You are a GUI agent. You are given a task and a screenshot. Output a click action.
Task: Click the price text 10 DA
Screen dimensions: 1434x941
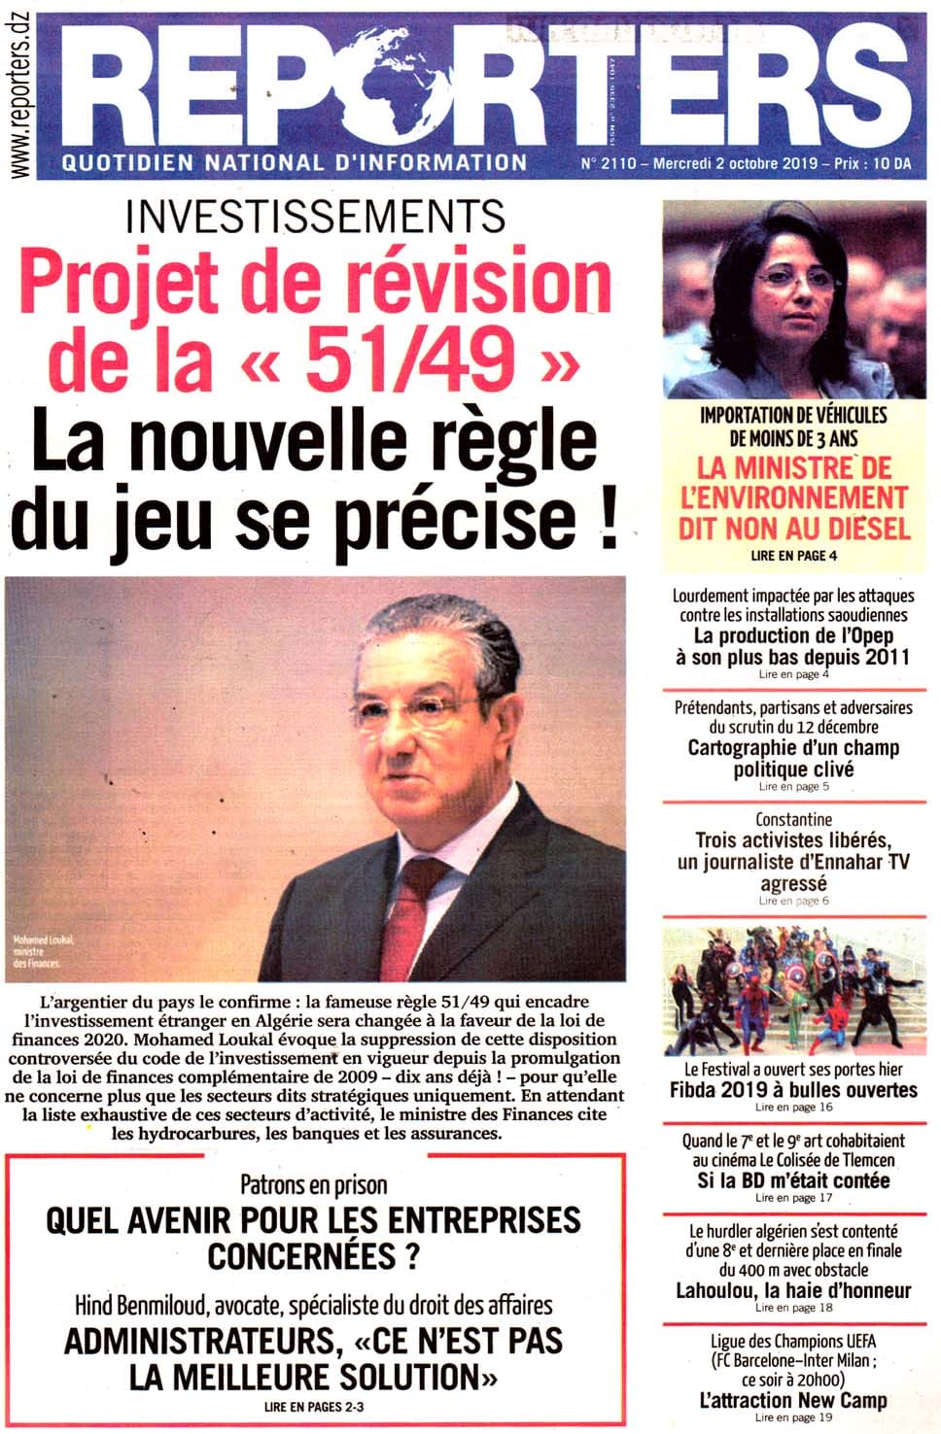pos(892,164)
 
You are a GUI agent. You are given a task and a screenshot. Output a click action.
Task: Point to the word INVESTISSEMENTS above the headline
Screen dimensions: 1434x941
pos(316,216)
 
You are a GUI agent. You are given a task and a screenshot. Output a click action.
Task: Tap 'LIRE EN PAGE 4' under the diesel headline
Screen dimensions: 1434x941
pos(794,556)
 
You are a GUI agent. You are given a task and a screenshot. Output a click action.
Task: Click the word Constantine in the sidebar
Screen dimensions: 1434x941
pos(794,819)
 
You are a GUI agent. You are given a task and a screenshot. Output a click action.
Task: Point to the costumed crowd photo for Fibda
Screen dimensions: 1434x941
pos(794,991)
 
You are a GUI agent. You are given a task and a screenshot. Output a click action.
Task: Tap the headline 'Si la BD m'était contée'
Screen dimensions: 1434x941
pos(794,1180)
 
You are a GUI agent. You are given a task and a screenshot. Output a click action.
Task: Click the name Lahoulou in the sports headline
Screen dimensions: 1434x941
pos(717,1290)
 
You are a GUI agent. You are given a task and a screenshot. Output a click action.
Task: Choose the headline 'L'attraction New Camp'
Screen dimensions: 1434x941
pos(794,1400)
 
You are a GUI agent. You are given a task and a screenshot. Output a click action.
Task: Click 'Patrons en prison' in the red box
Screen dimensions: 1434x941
pos(313,1185)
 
